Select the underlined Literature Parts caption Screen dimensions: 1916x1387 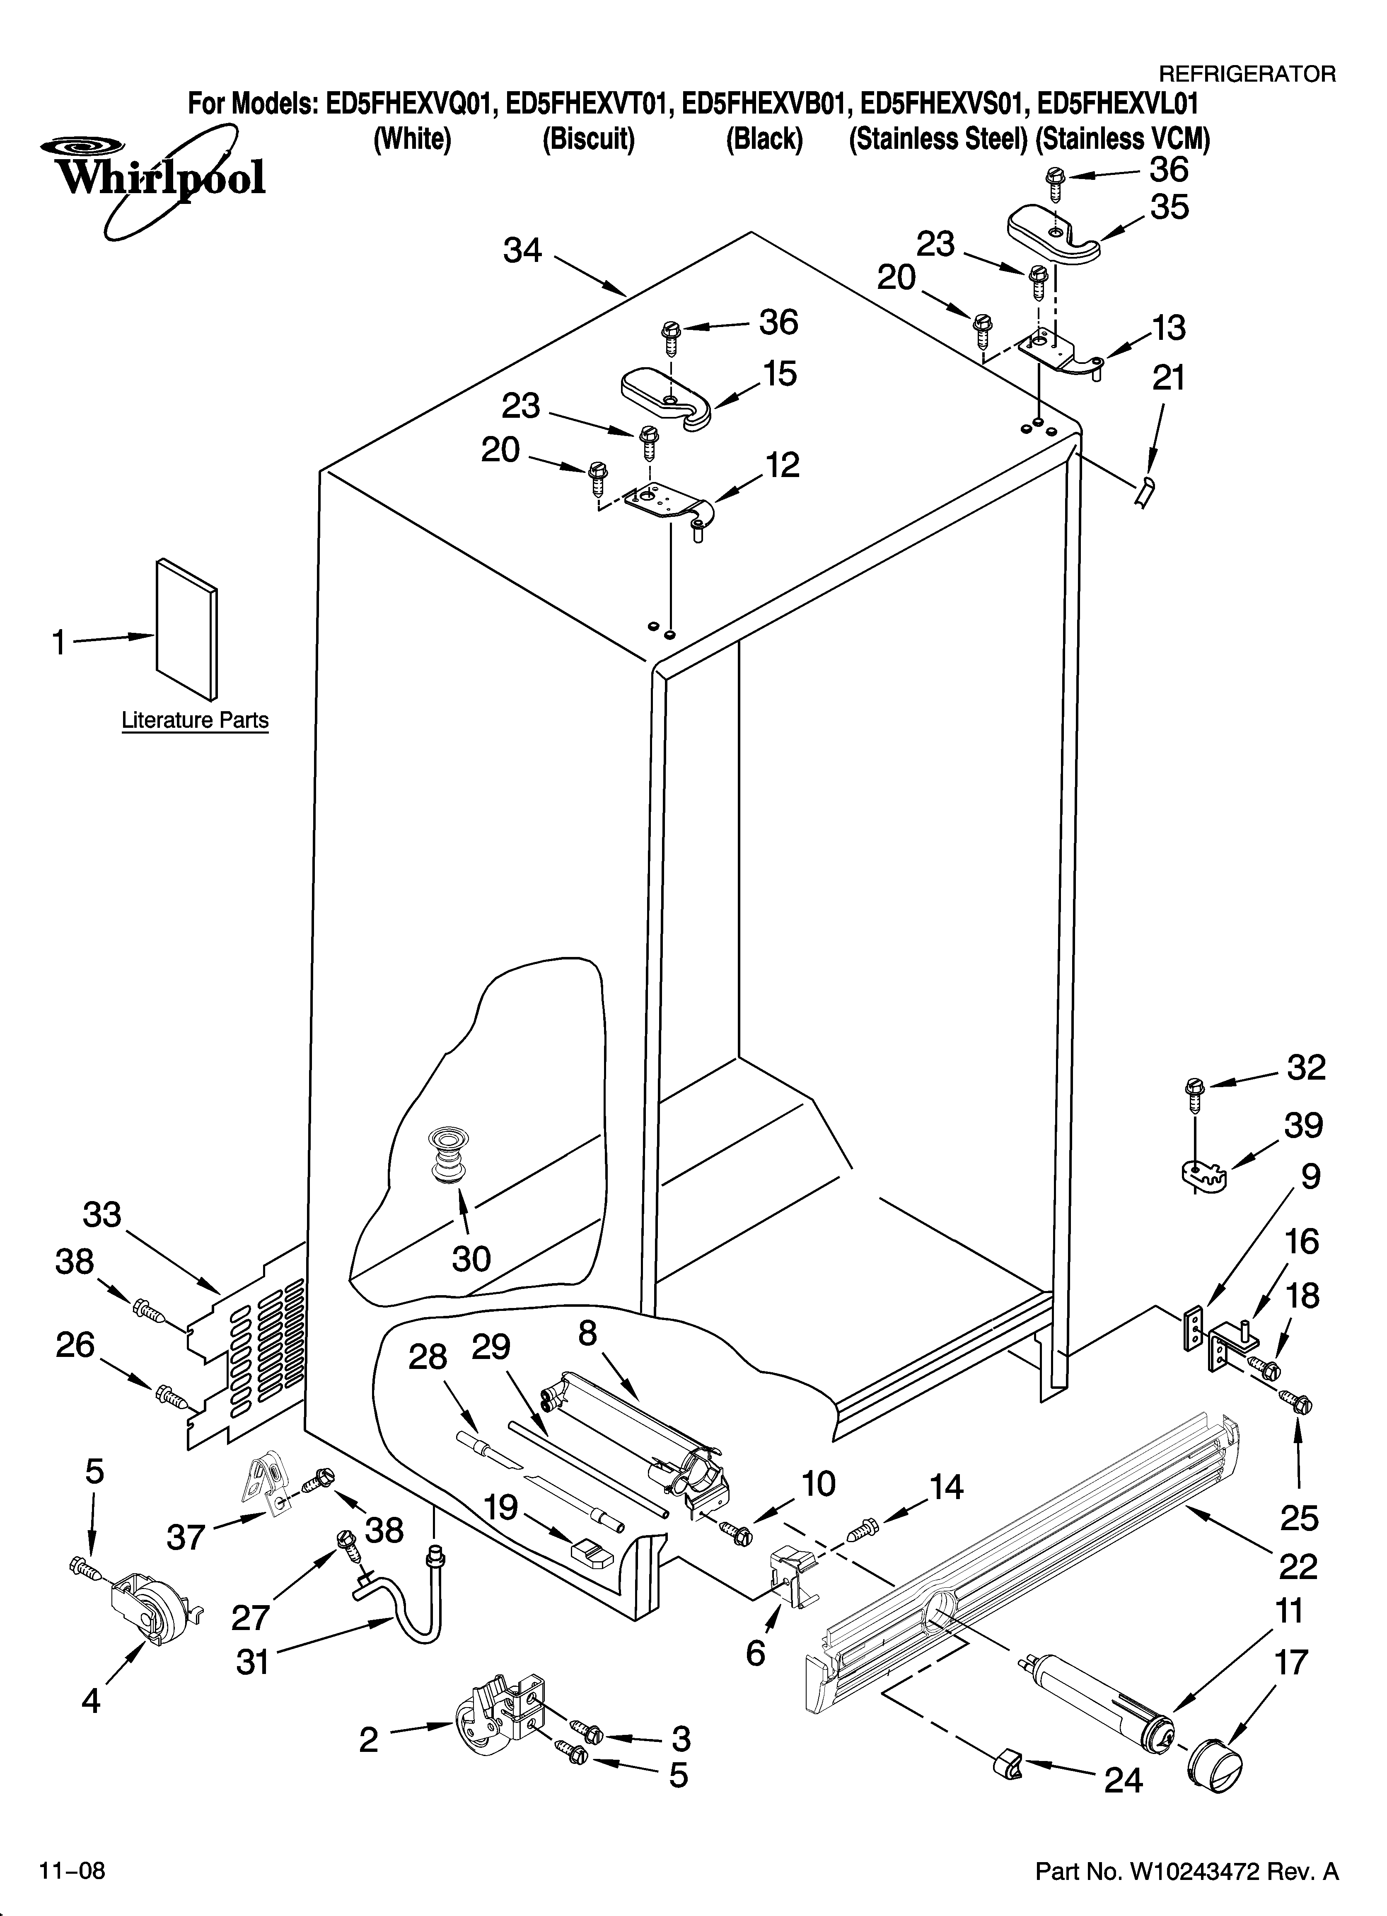pyautogui.click(x=195, y=721)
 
